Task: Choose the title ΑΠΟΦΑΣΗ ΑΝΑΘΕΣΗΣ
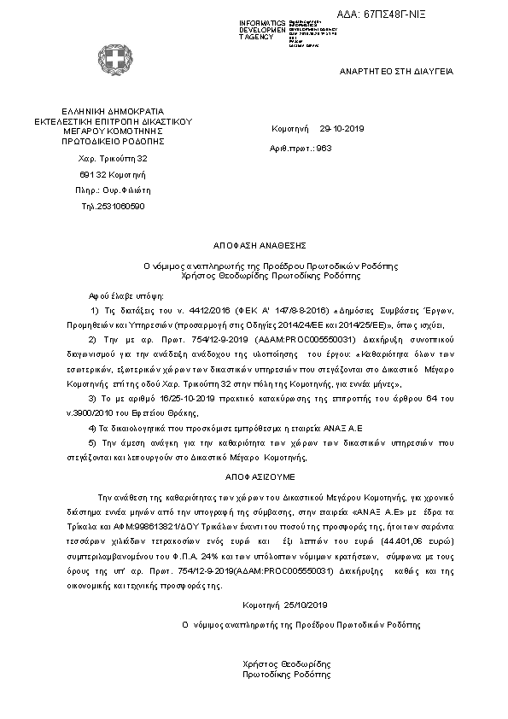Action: (254, 245)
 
